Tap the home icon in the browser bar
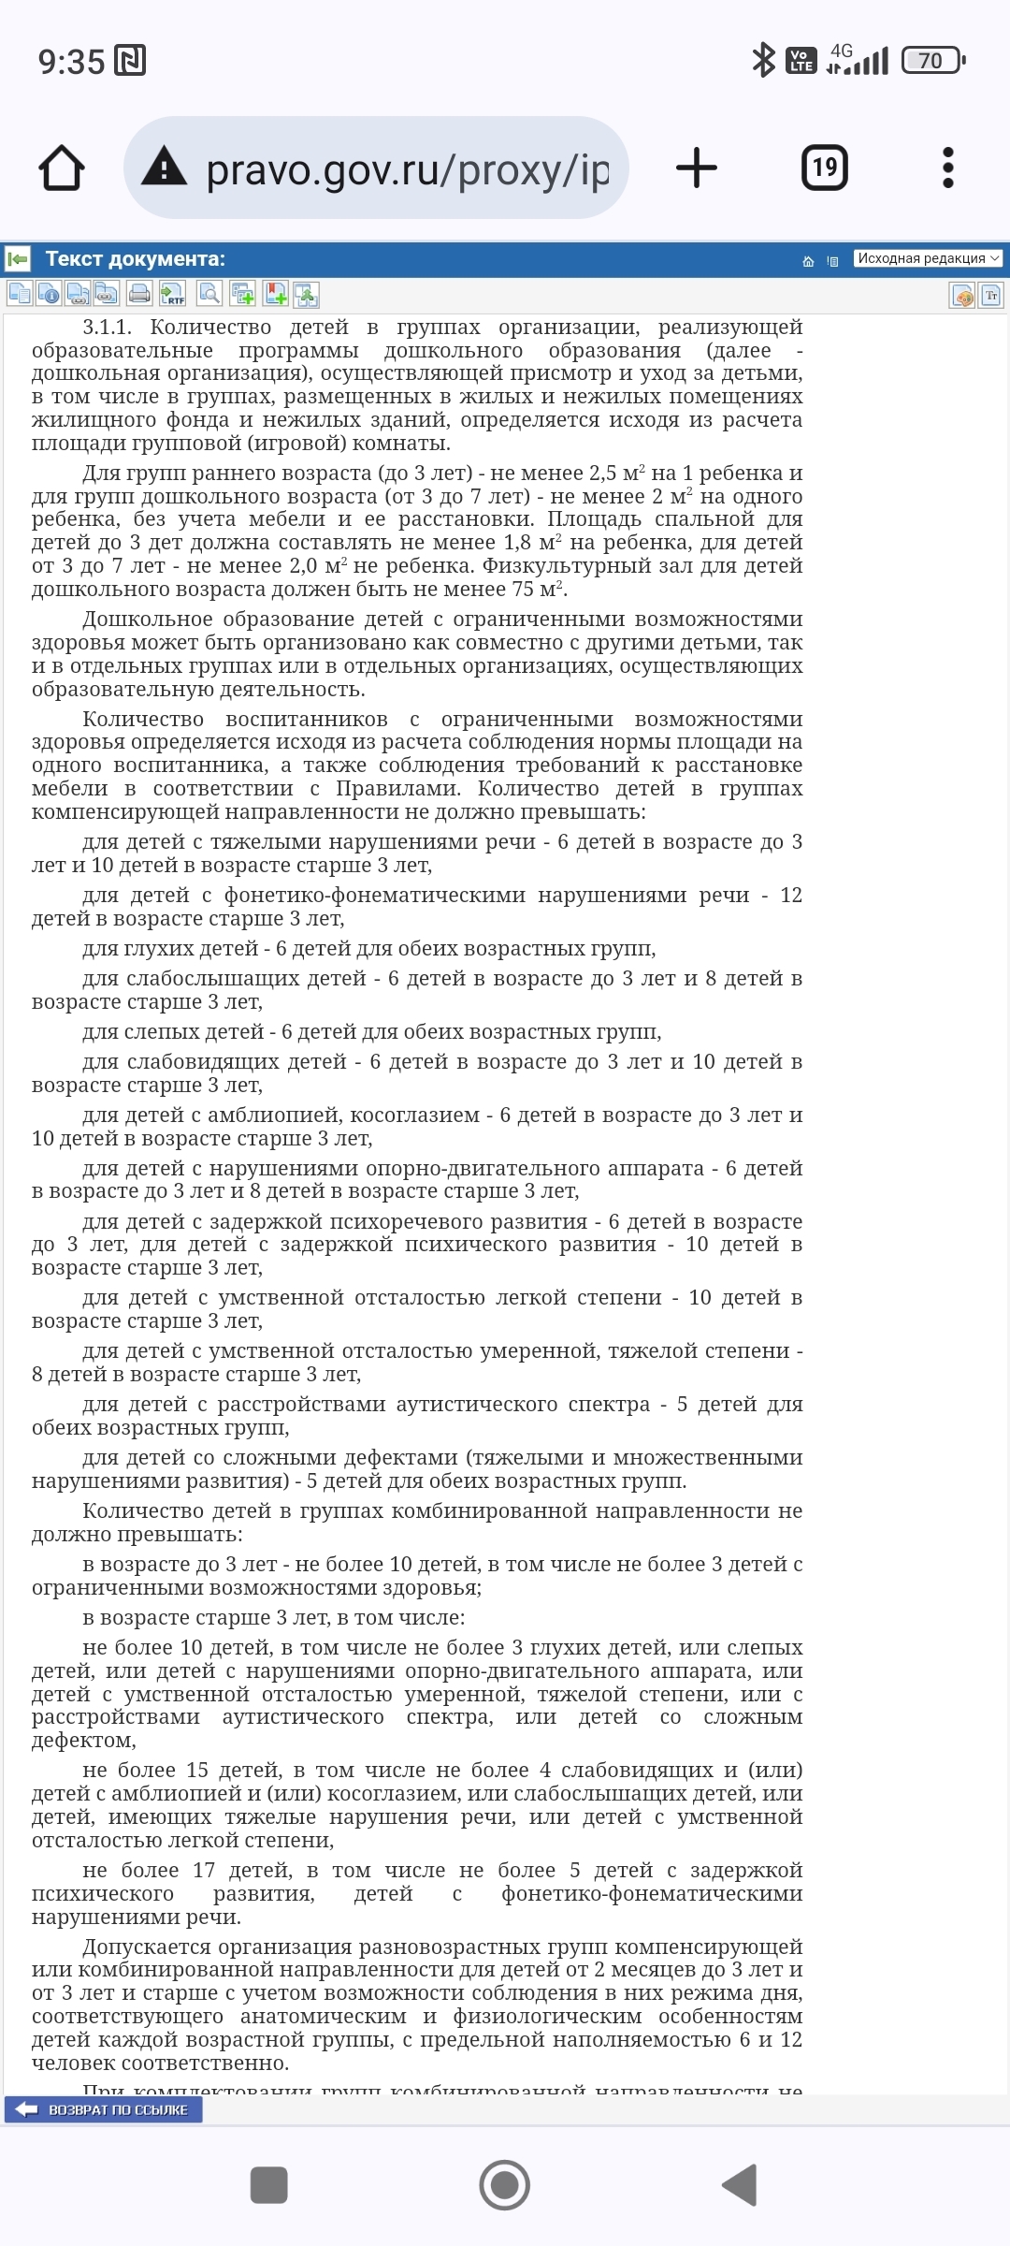click(62, 168)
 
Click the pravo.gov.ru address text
click(407, 170)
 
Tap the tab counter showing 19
click(824, 168)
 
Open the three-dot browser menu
click(947, 168)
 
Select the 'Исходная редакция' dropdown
click(927, 258)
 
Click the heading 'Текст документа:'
click(135, 259)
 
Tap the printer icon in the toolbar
click(139, 294)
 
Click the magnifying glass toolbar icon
click(209, 294)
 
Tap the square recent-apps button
click(269, 2185)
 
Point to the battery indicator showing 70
click(931, 62)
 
